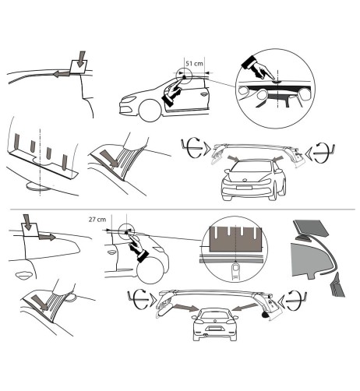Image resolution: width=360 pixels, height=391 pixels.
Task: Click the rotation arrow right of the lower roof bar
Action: tap(296, 298)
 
